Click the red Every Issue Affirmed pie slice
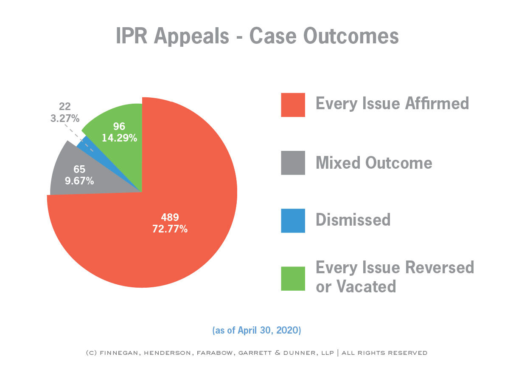pos(178,211)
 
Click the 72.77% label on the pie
pos(170,229)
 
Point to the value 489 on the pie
pos(170,217)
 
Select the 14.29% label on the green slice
pos(119,138)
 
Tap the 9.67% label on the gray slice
pos(79,181)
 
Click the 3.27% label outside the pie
pos(65,118)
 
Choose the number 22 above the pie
pos(65,107)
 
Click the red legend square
pos(293,105)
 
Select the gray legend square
pos(293,163)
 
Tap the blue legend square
pos(293,221)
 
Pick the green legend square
pos(293,278)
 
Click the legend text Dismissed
pos(353,220)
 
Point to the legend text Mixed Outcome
pos(374,162)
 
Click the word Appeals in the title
pos(191,36)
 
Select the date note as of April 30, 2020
pos(257,330)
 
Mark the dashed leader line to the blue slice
pos(79,138)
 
